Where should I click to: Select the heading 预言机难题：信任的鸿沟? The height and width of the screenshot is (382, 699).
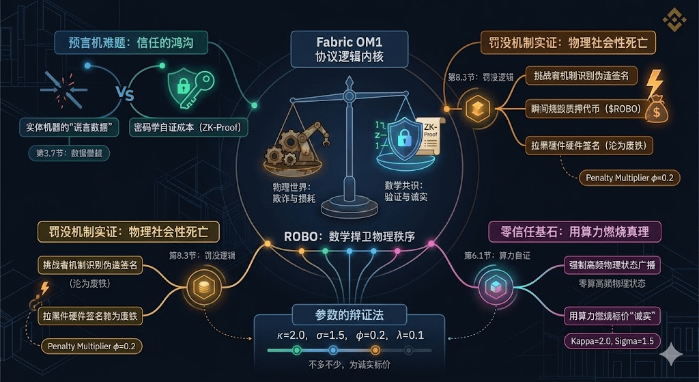pos(130,43)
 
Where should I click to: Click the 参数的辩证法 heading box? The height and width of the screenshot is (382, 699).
pos(349,314)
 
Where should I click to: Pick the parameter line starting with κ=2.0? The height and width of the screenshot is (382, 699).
pos(349,335)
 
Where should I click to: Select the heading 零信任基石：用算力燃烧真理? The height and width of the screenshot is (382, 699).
pos(575,232)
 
